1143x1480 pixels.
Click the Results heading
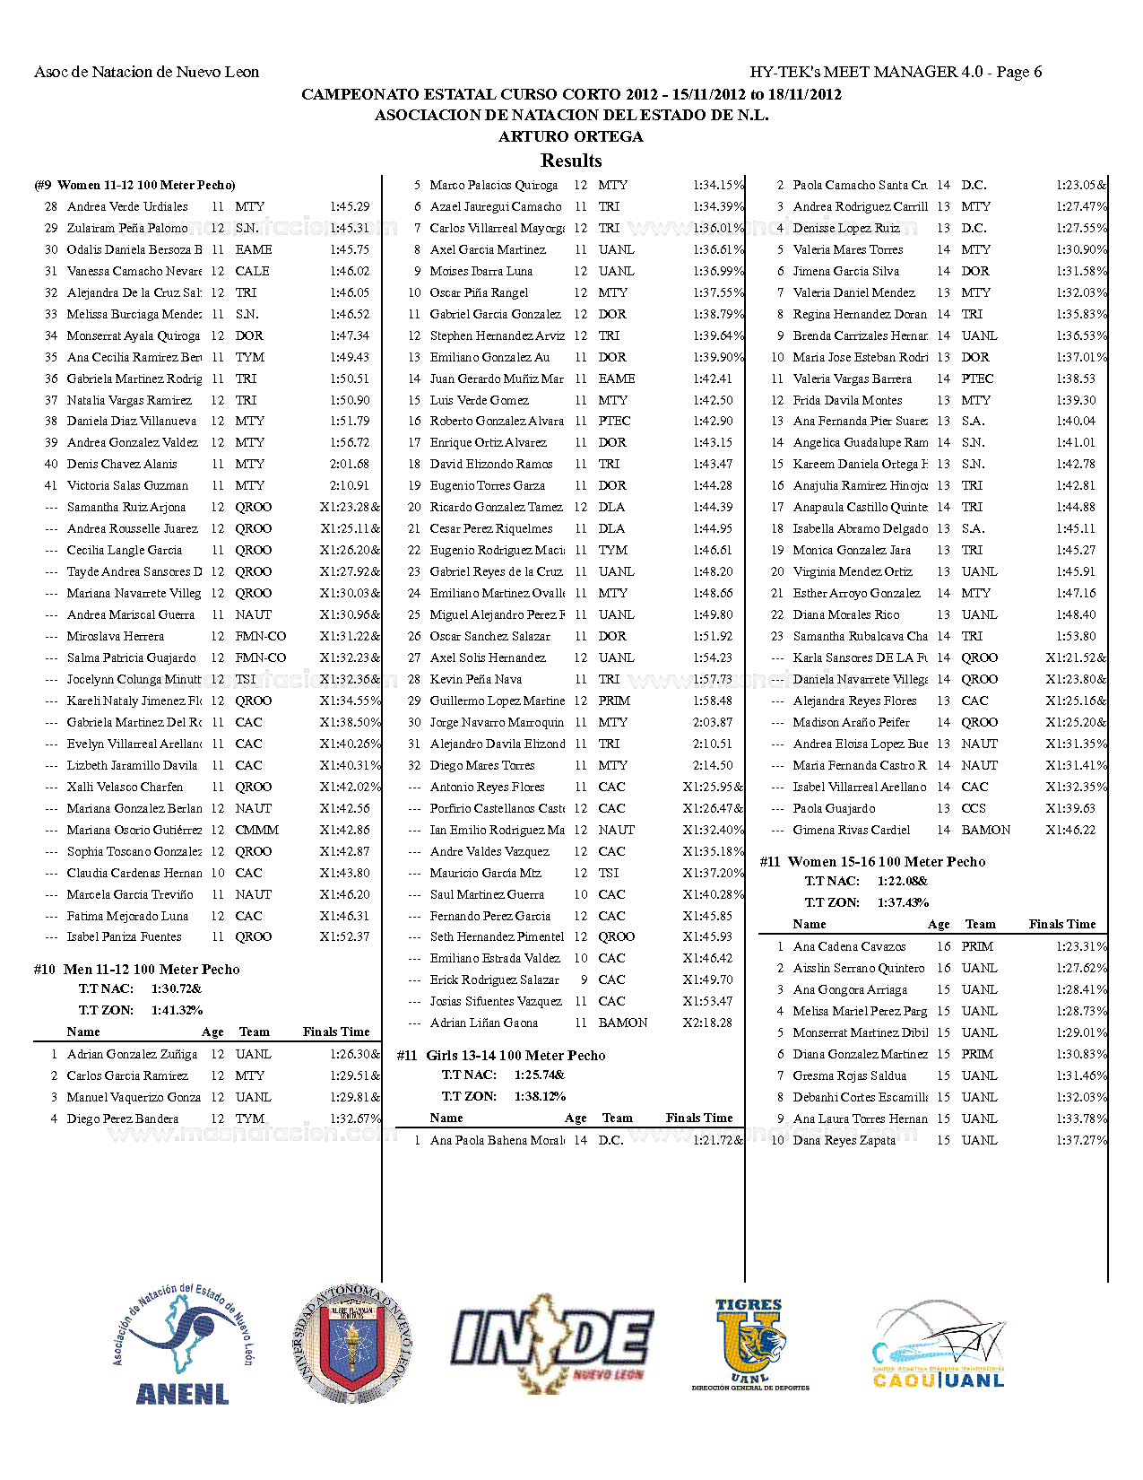point(571,161)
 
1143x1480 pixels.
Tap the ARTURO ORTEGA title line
point(571,136)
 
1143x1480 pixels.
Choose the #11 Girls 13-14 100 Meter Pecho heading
point(501,1056)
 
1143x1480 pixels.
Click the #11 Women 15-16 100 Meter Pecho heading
point(872,862)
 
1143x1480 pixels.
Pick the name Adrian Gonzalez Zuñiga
point(132,1055)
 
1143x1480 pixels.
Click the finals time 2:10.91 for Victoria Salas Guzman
point(350,486)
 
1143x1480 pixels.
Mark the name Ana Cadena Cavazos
point(849,947)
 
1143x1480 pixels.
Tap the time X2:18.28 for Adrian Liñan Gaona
point(707,1023)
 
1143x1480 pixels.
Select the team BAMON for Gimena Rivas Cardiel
point(985,831)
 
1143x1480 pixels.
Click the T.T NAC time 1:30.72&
point(177,988)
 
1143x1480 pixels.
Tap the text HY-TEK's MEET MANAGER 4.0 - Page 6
point(896,72)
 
